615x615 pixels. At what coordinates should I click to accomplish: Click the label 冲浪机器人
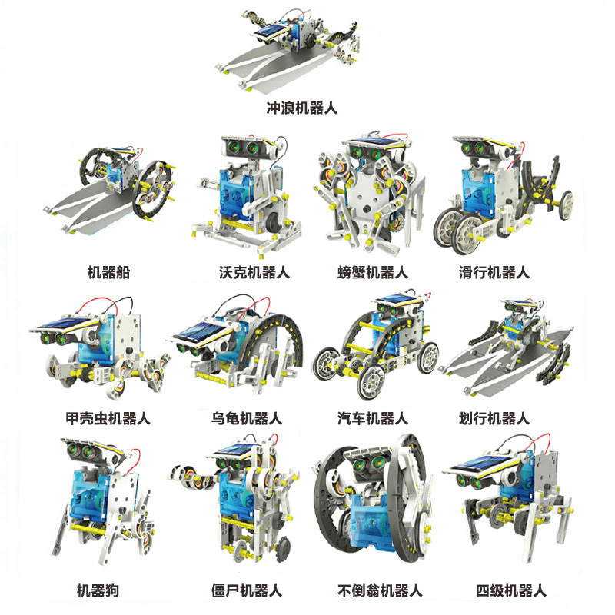pos(301,108)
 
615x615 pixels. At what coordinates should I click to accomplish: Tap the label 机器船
pos(108,272)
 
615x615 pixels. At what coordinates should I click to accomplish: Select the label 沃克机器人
pos(254,272)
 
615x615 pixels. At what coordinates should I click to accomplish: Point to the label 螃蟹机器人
pos(373,272)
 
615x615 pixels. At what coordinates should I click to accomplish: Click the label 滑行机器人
pos(494,272)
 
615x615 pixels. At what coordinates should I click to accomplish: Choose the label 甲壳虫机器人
pos(108,418)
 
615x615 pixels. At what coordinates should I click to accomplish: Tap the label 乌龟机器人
pos(247,418)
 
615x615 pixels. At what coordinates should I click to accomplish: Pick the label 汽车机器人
pos(373,418)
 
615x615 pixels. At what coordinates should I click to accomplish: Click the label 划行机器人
pos(494,418)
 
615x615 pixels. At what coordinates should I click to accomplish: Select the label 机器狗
pos(98,590)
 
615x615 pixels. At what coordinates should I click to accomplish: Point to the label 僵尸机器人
pos(247,590)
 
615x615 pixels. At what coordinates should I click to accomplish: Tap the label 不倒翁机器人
pos(380,590)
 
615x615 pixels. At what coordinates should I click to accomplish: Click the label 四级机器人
pos(511,590)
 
